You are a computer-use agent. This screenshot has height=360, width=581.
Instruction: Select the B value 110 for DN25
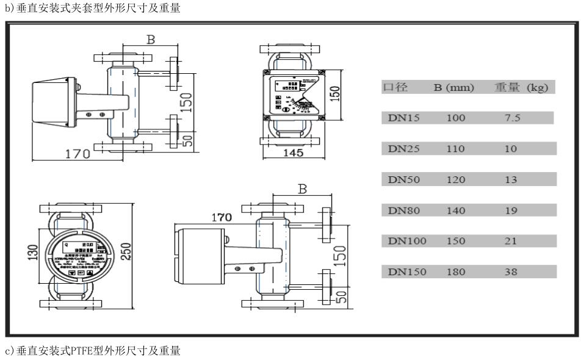(x=455, y=148)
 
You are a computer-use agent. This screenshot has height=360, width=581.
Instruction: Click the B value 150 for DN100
(x=455, y=241)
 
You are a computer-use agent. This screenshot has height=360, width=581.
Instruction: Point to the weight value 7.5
(x=512, y=118)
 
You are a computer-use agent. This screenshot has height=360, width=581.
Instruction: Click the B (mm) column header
(x=454, y=88)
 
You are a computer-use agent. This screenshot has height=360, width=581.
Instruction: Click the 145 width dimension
(x=292, y=153)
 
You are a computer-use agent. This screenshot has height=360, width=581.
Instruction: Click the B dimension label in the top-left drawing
(x=150, y=40)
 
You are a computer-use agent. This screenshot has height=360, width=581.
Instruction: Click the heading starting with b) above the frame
(x=92, y=9)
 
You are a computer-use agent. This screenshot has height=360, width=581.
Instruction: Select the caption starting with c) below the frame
(x=92, y=350)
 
